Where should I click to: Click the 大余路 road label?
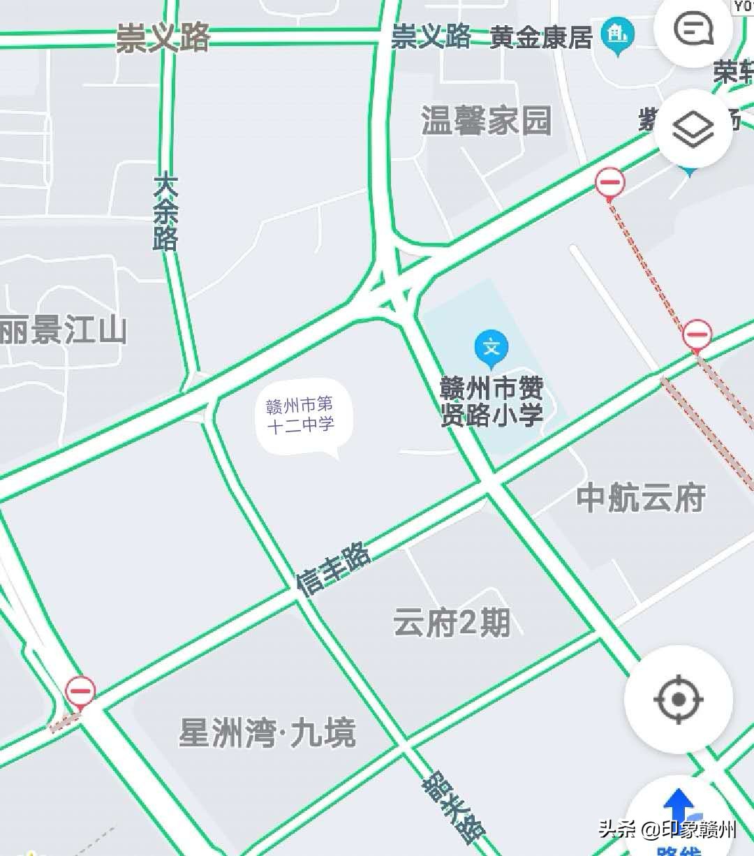click(x=165, y=212)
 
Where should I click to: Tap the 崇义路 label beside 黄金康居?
click(x=430, y=36)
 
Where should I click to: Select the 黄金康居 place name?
click(x=541, y=37)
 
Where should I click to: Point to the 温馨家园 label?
click(x=486, y=121)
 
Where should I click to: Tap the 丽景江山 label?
click(x=63, y=330)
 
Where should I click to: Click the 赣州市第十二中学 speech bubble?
click(x=301, y=416)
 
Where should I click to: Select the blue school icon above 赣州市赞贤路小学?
click(x=491, y=348)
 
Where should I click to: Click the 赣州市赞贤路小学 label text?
click(x=491, y=402)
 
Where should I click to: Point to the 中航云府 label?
click(x=640, y=499)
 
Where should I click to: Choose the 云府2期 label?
click(x=451, y=622)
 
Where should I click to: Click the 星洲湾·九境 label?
click(x=267, y=733)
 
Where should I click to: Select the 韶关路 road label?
click(x=454, y=806)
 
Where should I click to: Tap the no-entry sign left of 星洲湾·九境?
click(x=80, y=692)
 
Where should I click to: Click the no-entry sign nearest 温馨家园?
click(x=609, y=183)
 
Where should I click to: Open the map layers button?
click(x=693, y=128)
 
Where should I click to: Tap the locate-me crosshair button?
click(x=678, y=699)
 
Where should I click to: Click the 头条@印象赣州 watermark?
click(x=667, y=829)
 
